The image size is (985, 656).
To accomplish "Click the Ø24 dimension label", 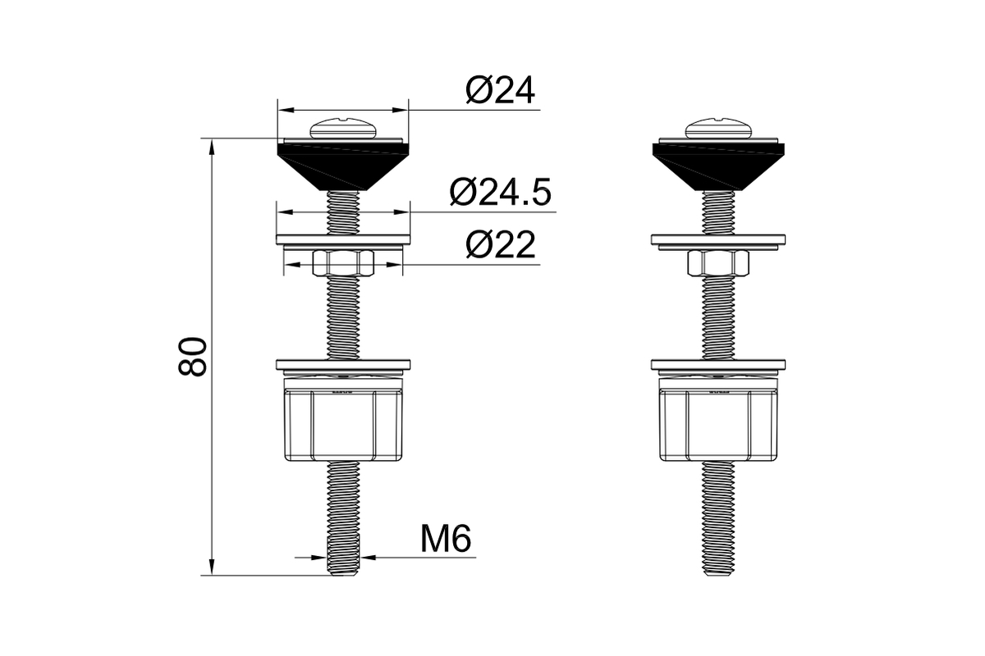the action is tap(501, 90).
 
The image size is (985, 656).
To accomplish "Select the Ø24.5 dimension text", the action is tap(501, 192).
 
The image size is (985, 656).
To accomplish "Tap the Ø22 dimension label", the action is tap(501, 244).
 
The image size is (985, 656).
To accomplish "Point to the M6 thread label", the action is tap(446, 538).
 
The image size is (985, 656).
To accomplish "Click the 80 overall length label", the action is tap(192, 357).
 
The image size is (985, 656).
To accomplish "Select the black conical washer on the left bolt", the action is tap(343, 167).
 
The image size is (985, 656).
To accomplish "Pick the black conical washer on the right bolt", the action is tap(718, 167).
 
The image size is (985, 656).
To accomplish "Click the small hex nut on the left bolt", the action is tap(343, 263).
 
